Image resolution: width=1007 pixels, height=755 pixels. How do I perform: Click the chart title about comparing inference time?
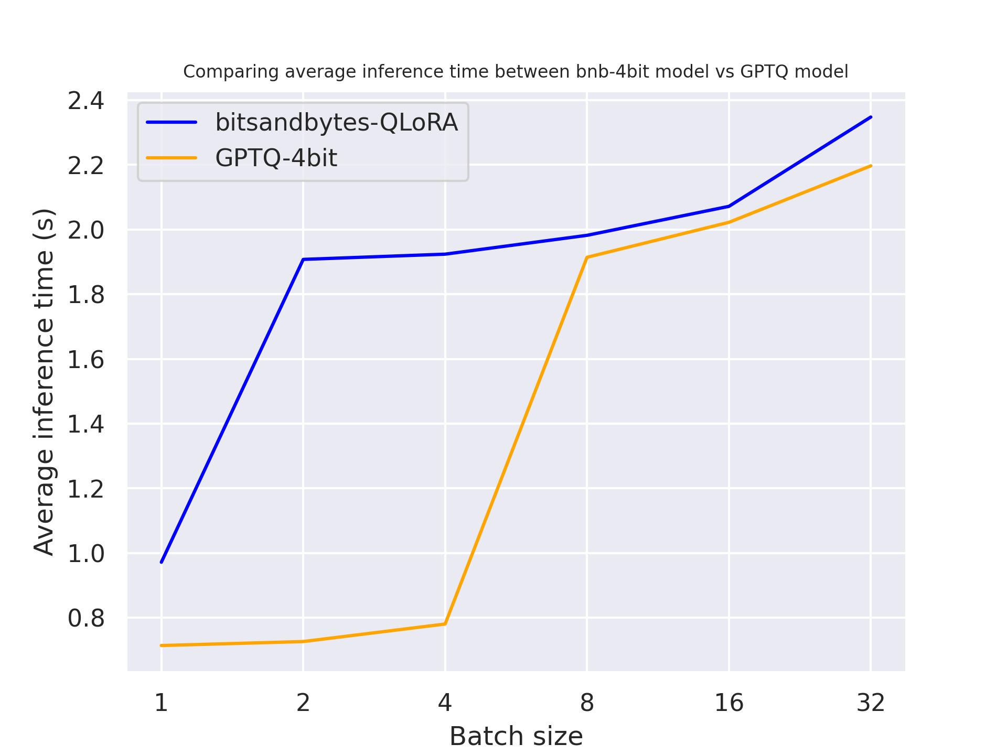coord(516,72)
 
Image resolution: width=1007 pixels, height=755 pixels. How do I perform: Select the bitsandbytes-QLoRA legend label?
coord(336,122)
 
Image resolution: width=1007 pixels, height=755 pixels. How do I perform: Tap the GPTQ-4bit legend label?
coord(276,158)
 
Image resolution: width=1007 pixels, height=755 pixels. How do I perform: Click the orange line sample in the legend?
coord(172,158)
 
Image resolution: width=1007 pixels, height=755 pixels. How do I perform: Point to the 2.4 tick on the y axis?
coord(86,101)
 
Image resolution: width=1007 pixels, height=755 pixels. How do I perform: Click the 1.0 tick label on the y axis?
coord(86,554)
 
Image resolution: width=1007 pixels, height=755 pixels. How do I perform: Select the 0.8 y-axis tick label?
coord(86,619)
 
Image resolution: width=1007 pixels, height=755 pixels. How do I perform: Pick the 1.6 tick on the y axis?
coord(86,360)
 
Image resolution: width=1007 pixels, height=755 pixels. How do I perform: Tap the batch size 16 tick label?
coord(729,703)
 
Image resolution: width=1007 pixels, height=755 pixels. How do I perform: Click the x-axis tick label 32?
coord(871,703)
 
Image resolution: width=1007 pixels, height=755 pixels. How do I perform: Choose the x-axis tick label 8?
coord(587,703)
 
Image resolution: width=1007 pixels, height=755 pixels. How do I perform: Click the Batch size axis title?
coord(516,737)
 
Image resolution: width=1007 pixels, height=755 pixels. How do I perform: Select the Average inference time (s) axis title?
coord(44,382)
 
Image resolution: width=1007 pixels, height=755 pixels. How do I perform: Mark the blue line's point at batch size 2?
coord(303,259)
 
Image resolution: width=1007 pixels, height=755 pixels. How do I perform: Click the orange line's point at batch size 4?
coord(445,624)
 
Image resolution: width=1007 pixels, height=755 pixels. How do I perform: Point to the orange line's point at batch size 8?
coord(587,257)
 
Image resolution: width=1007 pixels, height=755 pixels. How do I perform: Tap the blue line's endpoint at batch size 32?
coord(871,117)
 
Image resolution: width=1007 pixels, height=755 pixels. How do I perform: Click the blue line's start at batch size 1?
coord(162,562)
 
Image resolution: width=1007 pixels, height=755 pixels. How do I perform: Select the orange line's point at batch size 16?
coord(729,222)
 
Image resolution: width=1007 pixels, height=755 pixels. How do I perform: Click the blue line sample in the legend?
coord(172,122)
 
